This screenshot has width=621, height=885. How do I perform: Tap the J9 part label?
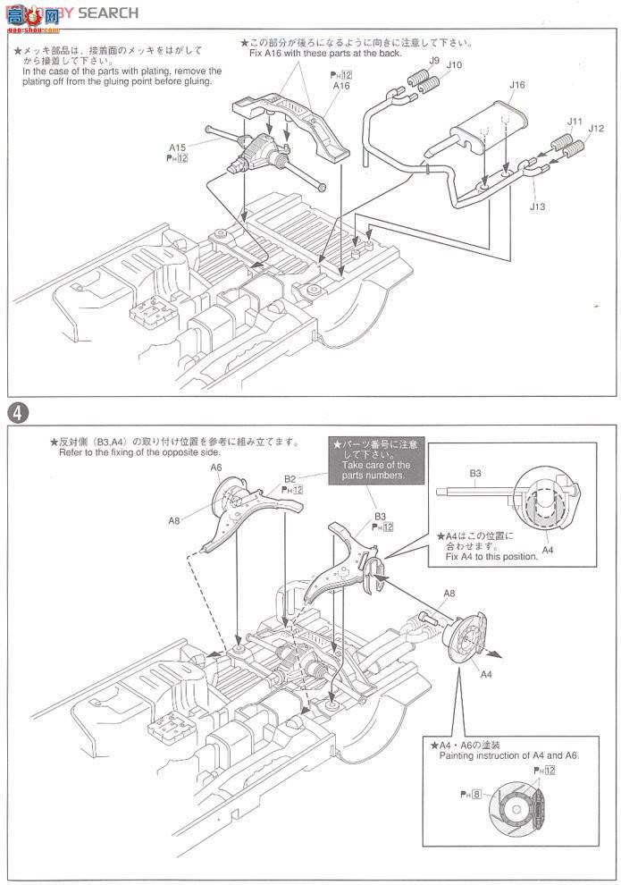(x=433, y=60)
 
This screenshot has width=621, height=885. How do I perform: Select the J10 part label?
(x=454, y=65)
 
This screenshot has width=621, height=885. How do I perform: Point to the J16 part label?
(x=517, y=85)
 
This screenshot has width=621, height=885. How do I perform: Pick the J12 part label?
(x=596, y=129)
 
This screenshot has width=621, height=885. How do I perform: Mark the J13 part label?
(x=537, y=206)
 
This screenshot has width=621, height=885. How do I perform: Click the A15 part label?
(x=177, y=147)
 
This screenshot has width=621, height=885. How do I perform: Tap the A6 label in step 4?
(x=216, y=467)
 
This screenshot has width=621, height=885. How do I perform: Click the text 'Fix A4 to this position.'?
(x=491, y=556)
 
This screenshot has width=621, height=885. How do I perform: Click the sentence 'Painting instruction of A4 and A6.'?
(x=509, y=755)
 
